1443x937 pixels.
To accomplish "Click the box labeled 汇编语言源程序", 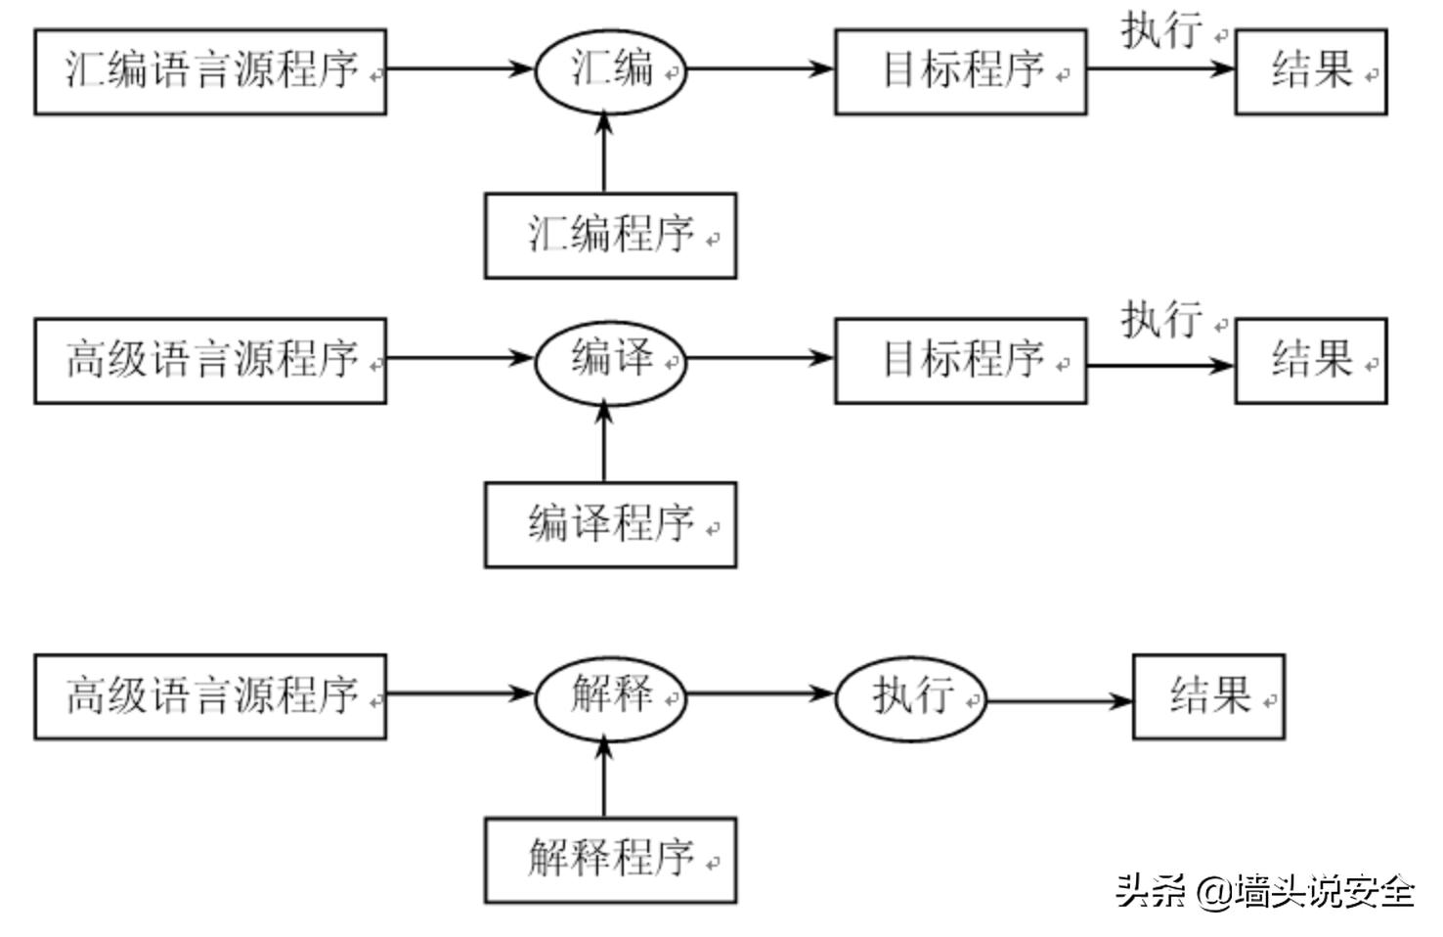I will click(210, 71).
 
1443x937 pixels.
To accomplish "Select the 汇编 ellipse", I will click(610, 70).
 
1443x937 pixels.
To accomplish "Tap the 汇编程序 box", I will click(610, 236).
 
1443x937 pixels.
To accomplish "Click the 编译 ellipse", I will click(610, 359).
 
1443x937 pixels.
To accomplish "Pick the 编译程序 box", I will click(610, 524).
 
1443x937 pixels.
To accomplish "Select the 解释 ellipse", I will click(610, 695).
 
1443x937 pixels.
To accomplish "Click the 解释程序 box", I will click(610, 860).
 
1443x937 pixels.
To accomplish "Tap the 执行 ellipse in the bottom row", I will click(910, 697).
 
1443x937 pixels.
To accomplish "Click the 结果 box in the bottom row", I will click(1208, 696).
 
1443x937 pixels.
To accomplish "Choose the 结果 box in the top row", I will click(1311, 71).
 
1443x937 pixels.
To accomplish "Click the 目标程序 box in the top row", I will click(960, 71).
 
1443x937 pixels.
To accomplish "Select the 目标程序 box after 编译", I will click(960, 360).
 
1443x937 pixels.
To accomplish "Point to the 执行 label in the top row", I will click(1161, 29).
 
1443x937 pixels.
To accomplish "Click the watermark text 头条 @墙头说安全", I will click(1265, 891).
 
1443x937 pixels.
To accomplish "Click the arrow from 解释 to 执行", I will click(760, 694).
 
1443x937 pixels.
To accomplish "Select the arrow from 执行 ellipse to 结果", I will click(1059, 700).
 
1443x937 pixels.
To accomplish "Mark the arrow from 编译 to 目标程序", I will click(760, 358).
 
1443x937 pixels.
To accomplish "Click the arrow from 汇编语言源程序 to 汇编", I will click(459, 68).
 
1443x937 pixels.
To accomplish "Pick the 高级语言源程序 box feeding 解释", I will click(210, 696).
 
